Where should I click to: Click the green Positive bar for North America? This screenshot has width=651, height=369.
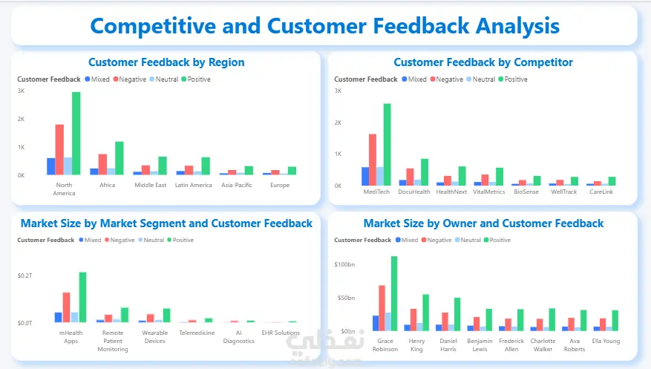click(x=76, y=134)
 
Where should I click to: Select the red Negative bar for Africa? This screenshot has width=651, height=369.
click(x=103, y=164)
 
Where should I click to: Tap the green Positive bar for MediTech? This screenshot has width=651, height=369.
click(x=387, y=144)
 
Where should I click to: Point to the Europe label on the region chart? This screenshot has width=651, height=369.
click(x=280, y=185)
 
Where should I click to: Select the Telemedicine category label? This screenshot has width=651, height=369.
click(x=197, y=333)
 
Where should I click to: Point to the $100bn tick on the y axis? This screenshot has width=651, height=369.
click(x=344, y=264)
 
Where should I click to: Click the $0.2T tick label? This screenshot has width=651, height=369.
click(x=24, y=275)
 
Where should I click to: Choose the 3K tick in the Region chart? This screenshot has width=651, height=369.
click(x=21, y=91)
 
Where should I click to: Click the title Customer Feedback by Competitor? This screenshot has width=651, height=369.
click(x=483, y=62)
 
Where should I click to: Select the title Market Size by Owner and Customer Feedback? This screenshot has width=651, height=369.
click(x=483, y=223)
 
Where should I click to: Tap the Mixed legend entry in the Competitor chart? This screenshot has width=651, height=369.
click(x=413, y=79)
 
